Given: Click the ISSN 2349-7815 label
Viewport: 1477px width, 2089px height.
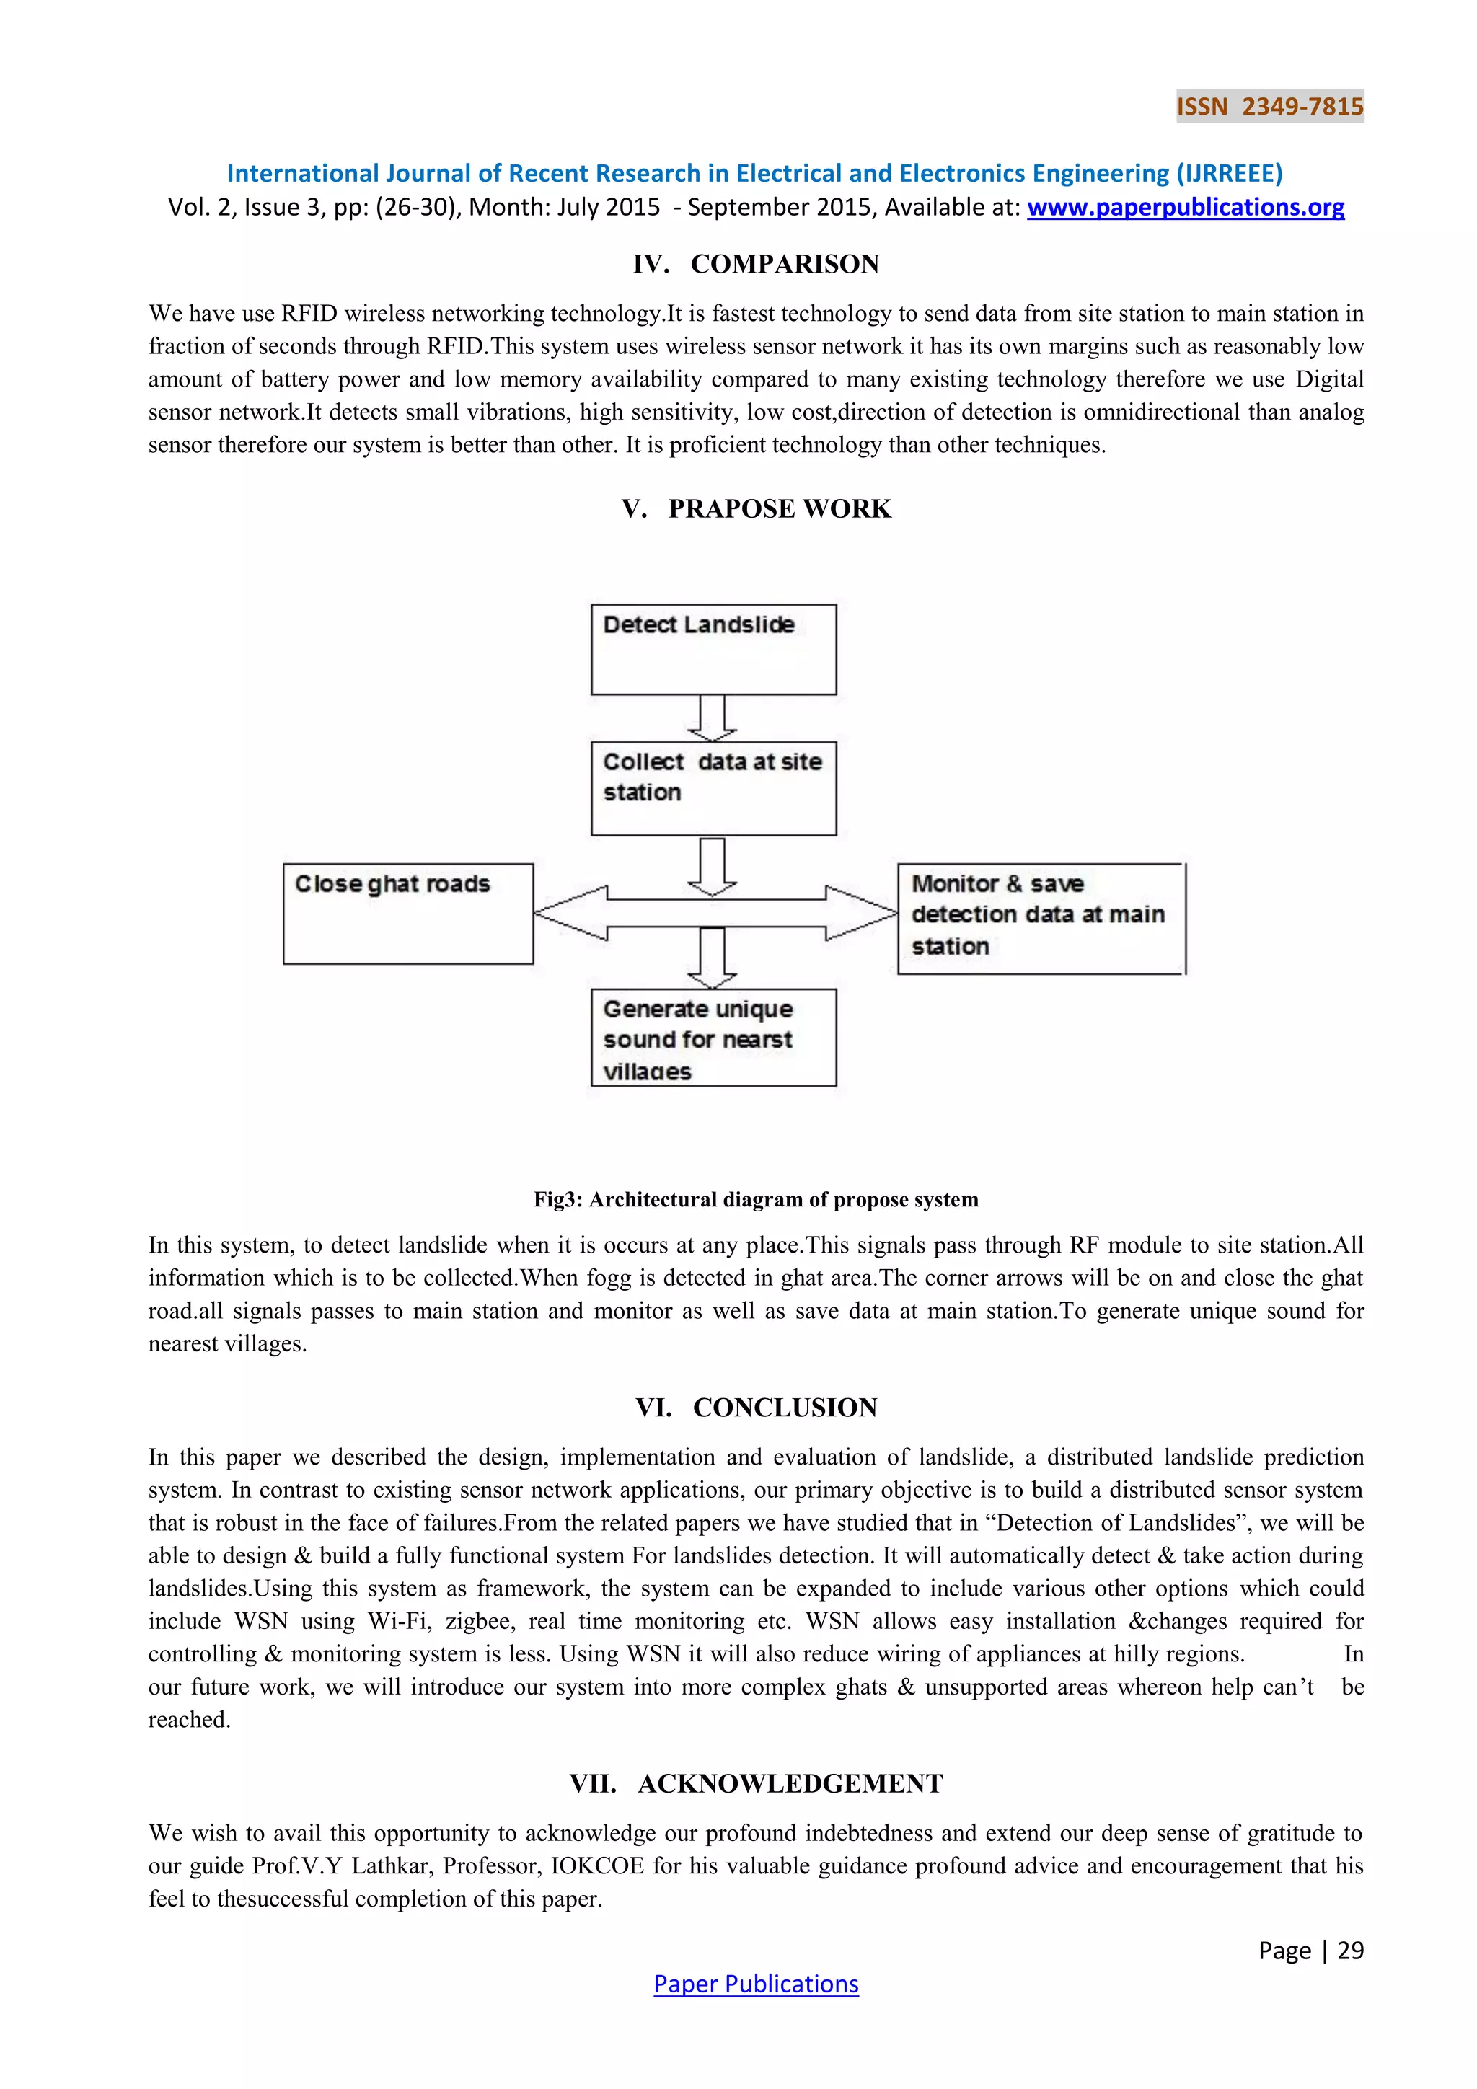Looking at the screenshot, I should (x=1269, y=107).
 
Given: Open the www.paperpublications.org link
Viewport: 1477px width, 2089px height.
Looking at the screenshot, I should (x=1185, y=208).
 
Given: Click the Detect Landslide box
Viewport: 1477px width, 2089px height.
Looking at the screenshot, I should (x=713, y=650).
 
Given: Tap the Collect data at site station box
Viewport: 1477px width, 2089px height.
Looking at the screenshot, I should (x=713, y=788).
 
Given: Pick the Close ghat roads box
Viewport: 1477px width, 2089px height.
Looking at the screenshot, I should (x=407, y=914).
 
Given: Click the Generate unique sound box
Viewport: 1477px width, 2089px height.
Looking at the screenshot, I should (x=713, y=1037).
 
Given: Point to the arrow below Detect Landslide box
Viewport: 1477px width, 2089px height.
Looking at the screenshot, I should (x=712, y=719).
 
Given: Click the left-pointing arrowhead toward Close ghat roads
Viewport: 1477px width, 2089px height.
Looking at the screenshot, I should (x=569, y=913).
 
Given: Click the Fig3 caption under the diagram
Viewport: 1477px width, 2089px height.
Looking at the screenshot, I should (x=755, y=1199).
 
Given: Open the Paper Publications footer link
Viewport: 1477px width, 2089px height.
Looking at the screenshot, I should (x=755, y=1984).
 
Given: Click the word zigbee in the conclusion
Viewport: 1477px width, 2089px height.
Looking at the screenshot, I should (x=482, y=1621).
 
